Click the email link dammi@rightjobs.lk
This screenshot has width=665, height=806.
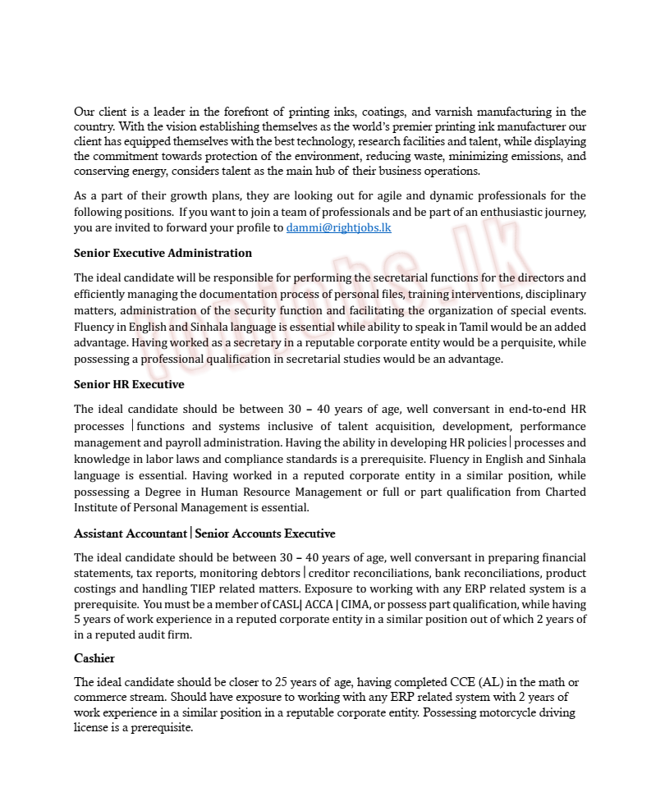338,228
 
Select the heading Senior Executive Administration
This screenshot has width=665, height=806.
163,253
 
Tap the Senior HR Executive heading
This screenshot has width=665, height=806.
129,384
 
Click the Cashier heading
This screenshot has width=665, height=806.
94,658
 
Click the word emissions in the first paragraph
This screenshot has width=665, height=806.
529,157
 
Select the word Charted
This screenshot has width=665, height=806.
566,492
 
